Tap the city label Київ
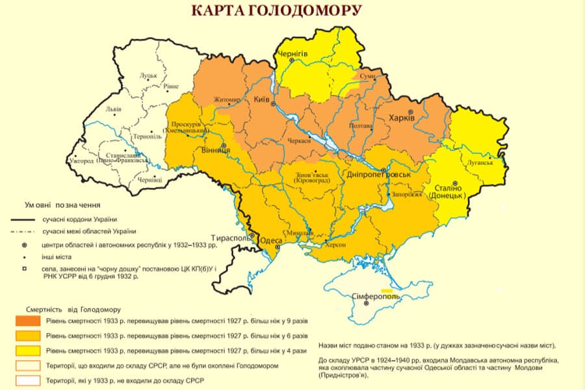pyautogui.click(x=262, y=98)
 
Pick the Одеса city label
pyautogui.click(x=271, y=240)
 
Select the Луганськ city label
pyautogui.click(x=479, y=162)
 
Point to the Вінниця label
pyautogui.click(x=214, y=151)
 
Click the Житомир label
pyautogui.click(x=227, y=99)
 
